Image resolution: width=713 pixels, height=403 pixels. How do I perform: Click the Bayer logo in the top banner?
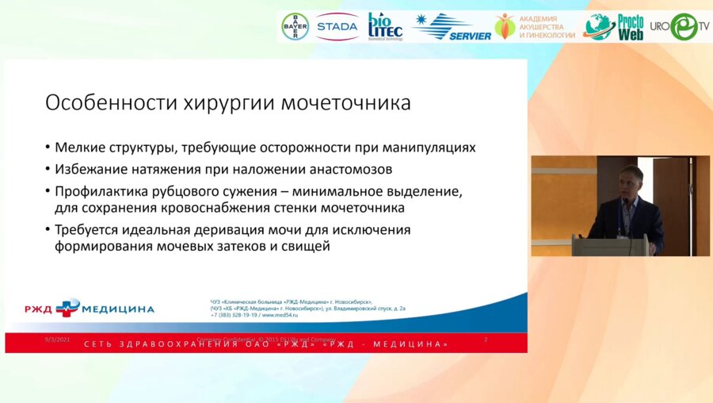point(295,26)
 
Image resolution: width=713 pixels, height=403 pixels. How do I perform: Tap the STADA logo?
point(337,27)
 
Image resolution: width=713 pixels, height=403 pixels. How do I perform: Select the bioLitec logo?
point(385,26)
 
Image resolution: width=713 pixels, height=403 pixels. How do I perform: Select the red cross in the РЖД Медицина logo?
point(68,308)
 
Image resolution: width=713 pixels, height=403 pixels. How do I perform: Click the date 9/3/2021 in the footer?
point(59,340)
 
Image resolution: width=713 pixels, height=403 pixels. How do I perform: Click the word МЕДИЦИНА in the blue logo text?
point(118,309)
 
